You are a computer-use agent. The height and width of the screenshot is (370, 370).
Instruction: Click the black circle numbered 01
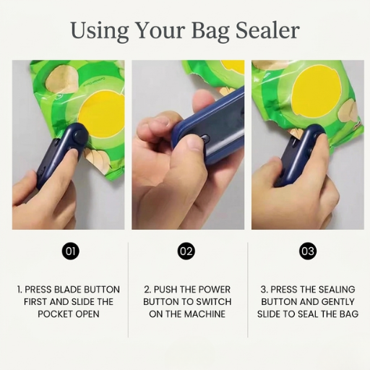[x=70, y=251]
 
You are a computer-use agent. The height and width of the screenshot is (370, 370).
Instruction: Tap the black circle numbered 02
[x=186, y=251]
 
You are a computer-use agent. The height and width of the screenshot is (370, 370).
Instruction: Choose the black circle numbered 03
[x=308, y=251]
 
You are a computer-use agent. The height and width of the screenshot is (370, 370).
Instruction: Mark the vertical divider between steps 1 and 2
[x=129, y=289]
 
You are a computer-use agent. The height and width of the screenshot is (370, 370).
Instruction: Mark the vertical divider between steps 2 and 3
[x=248, y=289]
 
